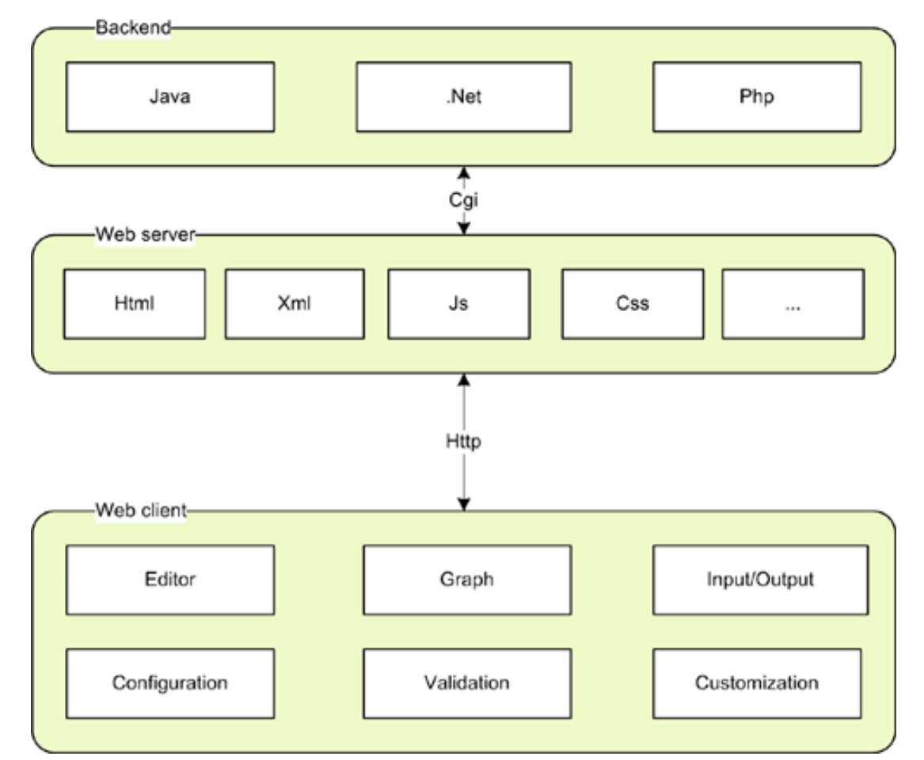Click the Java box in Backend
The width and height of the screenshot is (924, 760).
(169, 97)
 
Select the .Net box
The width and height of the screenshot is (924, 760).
(463, 97)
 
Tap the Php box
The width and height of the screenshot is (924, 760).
(756, 97)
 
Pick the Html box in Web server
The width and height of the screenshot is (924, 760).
(134, 304)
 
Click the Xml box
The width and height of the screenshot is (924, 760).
(295, 304)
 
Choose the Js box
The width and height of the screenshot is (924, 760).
(458, 304)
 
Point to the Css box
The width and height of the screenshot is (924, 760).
(633, 304)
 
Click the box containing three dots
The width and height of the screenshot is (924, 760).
(793, 304)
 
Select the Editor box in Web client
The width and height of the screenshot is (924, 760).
(169, 579)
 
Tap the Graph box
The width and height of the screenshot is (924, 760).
(466, 579)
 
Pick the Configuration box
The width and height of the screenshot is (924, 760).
(169, 682)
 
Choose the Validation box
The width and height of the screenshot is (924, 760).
(466, 682)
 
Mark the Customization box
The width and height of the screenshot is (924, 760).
(756, 682)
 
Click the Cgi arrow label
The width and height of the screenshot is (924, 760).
(465, 200)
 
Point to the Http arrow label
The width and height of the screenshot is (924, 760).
(464, 442)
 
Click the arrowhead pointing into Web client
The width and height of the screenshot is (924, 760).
(465, 503)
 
